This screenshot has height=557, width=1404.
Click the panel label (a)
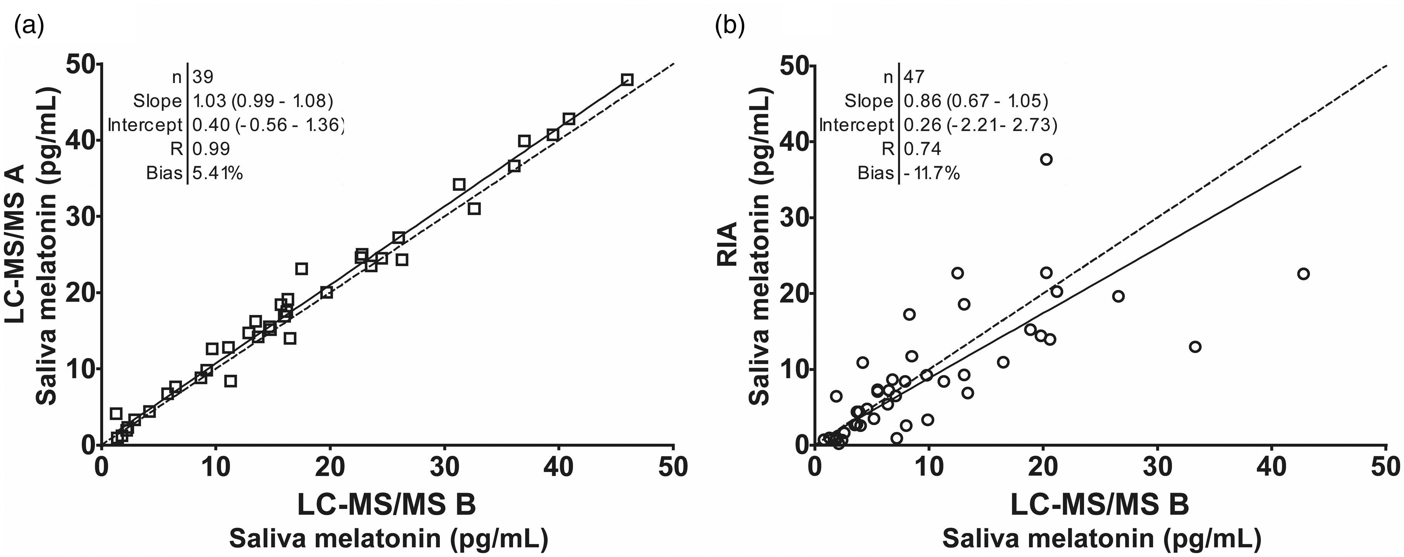(x=29, y=26)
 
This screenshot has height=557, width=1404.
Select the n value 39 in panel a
(x=203, y=77)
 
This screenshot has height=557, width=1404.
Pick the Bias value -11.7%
(x=931, y=173)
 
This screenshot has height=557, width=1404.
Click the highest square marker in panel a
(x=627, y=80)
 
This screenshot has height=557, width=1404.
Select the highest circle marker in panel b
(x=1046, y=159)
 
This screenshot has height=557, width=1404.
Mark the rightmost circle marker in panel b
(x=1303, y=273)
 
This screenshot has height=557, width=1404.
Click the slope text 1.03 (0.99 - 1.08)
(x=263, y=101)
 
